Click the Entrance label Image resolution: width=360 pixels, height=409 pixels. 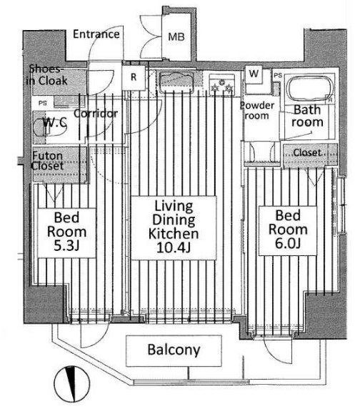pyautogui.click(x=96, y=34)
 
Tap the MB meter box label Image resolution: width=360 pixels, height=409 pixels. pyautogui.click(x=176, y=36)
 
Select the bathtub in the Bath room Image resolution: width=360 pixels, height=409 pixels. pyautogui.click(x=311, y=89)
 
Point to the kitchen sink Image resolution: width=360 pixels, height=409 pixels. pyautogui.click(x=176, y=82)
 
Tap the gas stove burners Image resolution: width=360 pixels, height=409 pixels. pyautogui.click(x=221, y=85)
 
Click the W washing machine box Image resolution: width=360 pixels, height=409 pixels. pyautogui.click(x=254, y=74)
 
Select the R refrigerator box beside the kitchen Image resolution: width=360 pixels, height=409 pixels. pyautogui.click(x=134, y=77)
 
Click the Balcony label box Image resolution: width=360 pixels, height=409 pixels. pyautogui.click(x=174, y=350)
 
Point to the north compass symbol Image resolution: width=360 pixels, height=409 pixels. pyautogui.click(x=72, y=384)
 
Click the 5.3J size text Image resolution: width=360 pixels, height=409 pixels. pyautogui.click(x=66, y=246)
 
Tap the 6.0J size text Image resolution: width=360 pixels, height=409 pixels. pyautogui.click(x=288, y=243)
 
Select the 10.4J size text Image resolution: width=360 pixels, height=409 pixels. pyautogui.click(x=174, y=247)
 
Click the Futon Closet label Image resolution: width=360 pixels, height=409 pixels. pyautogui.click(x=48, y=161)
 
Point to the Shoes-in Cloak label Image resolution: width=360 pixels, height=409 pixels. pyautogui.click(x=47, y=75)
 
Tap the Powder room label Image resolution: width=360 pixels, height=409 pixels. pyautogui.click(x=257, y=110)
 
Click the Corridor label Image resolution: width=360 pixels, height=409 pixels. pyautogui.click(x=96, y=114)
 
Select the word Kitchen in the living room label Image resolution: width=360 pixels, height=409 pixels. pyautogui.click(x=174, y=234)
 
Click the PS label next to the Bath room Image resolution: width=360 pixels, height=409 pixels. pyautogui.click(x=278, y=75)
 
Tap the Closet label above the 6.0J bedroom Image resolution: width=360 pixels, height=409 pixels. pyautogui.click(x=307, y=152)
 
